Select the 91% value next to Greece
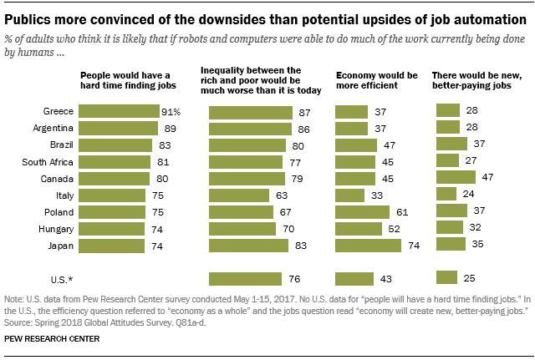(x=171, y=112)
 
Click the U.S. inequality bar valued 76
(x=244, y=278)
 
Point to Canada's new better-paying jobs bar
(x=456, y=177)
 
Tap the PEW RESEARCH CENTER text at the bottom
(x=52, y=340)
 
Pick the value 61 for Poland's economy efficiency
(x=402, y=211)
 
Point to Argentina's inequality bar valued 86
(x=250, y=129)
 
